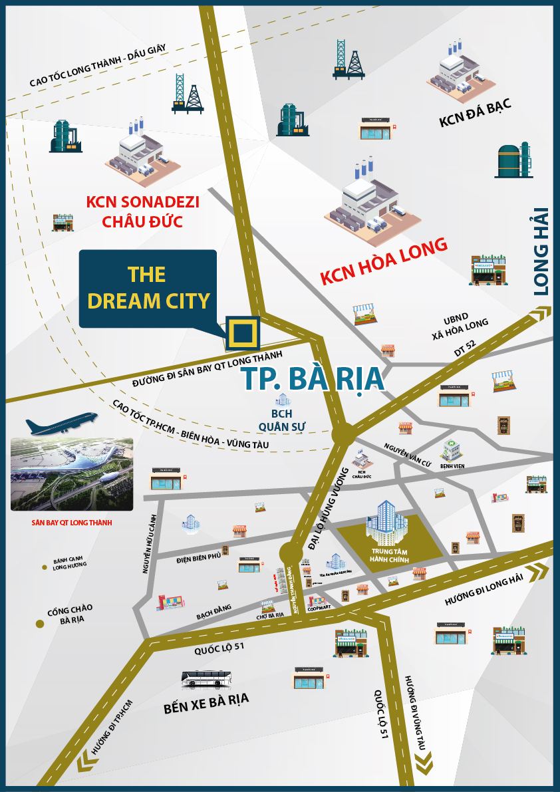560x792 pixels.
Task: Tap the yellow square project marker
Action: (242, 332)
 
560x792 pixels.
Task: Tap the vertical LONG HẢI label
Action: (542, 251)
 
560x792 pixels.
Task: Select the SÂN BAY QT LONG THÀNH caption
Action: (71, 523)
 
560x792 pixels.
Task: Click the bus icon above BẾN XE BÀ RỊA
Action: (207, 679)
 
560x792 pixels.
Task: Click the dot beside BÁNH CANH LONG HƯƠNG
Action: (45, 567)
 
